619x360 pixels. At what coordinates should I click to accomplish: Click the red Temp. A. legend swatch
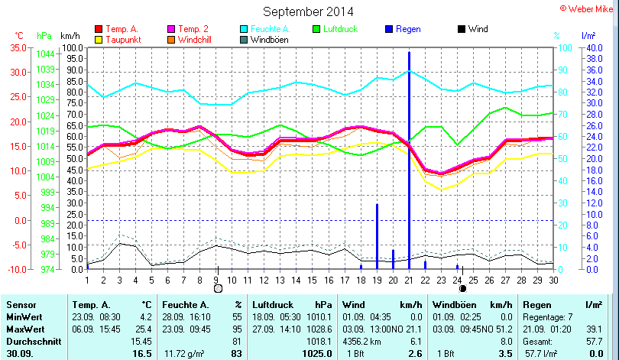tap(98, 29)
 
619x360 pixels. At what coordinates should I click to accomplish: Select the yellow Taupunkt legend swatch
tap(98, 39)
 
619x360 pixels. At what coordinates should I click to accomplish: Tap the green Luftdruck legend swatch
tap(318, 29)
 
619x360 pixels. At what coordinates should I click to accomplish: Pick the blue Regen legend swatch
tap(388, 29)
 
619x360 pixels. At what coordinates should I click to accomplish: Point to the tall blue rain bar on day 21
tap(409, 153)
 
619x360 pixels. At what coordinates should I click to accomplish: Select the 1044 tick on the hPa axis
tap(44, 54)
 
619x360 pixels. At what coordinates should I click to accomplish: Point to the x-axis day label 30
tap(553, 280)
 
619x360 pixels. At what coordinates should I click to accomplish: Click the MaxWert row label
tap(25, 328)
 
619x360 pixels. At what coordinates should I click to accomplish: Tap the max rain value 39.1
tap(593, 328)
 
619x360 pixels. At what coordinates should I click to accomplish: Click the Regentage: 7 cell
tap(545, 316)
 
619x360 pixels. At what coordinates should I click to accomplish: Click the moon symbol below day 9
tap(218, 289)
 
